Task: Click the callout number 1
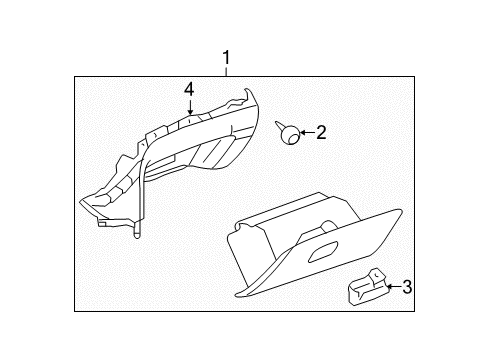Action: (227, 57)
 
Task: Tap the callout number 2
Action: (321, 131)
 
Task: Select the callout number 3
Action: (408, 288)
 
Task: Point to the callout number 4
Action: (187, 89)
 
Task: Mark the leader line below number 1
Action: (227, 70)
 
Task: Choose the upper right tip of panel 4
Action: (246, 91)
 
